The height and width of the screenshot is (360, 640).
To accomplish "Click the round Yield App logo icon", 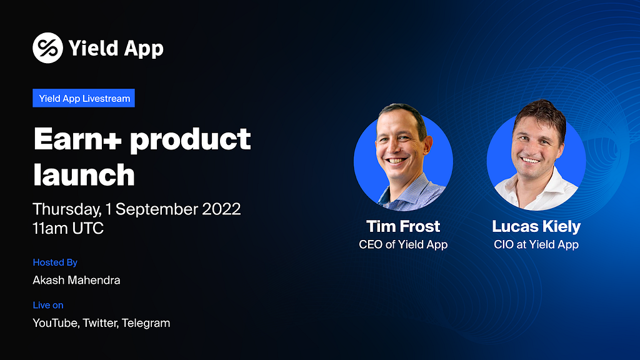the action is click(x=47, y=47).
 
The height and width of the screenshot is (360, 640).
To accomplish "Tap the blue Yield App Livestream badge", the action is click(x=84, y=98).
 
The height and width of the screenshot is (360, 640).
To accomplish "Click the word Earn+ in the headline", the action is click(x=77, y=139).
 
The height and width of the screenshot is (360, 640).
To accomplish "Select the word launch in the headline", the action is click(x=84, y=175).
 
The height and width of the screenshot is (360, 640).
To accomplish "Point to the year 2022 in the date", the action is click(x=221, y=209).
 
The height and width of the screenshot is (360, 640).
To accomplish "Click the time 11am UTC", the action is click(x=68, y=228).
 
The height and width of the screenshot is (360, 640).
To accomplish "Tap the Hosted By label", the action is click(x=55, y=262).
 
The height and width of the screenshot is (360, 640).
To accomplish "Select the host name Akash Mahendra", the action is click(x=76, y=280).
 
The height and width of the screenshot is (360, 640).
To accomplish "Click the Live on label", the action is click(x=48, y=305).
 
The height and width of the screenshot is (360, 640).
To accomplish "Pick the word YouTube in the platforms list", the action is click(x=56, y=323).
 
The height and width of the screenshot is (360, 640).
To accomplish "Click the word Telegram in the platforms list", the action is click(x=146, y=323).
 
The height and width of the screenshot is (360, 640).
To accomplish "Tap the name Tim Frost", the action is click(x=403, y=226).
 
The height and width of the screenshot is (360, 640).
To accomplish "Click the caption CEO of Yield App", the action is click(x=403, y=244).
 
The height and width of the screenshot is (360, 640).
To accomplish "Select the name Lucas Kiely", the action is click(x=536, y=226).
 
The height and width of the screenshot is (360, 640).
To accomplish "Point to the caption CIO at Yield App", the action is click(x=536, y=244).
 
